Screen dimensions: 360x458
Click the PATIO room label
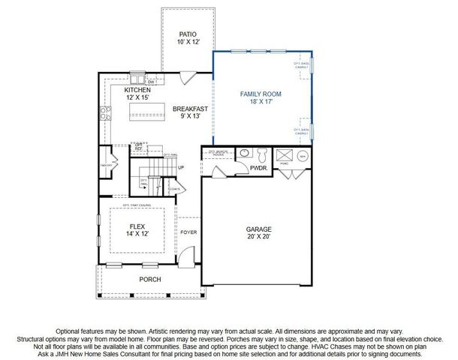click(188, 34)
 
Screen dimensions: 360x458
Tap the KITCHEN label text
click(137, 90)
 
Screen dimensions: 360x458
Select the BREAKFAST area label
click(190, 108)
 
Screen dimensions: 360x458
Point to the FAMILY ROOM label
click(261, 94)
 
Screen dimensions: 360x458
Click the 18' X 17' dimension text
click(261, 103)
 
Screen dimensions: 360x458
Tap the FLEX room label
click(137, 226)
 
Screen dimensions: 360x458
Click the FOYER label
click(188, 232)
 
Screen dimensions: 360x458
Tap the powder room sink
click(244, 154)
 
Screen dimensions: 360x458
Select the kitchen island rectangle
click(146, 111)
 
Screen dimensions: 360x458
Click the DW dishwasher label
click(150, 81)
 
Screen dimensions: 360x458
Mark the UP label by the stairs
click(180, 167)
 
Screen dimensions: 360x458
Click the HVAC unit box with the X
click(285, 156)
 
